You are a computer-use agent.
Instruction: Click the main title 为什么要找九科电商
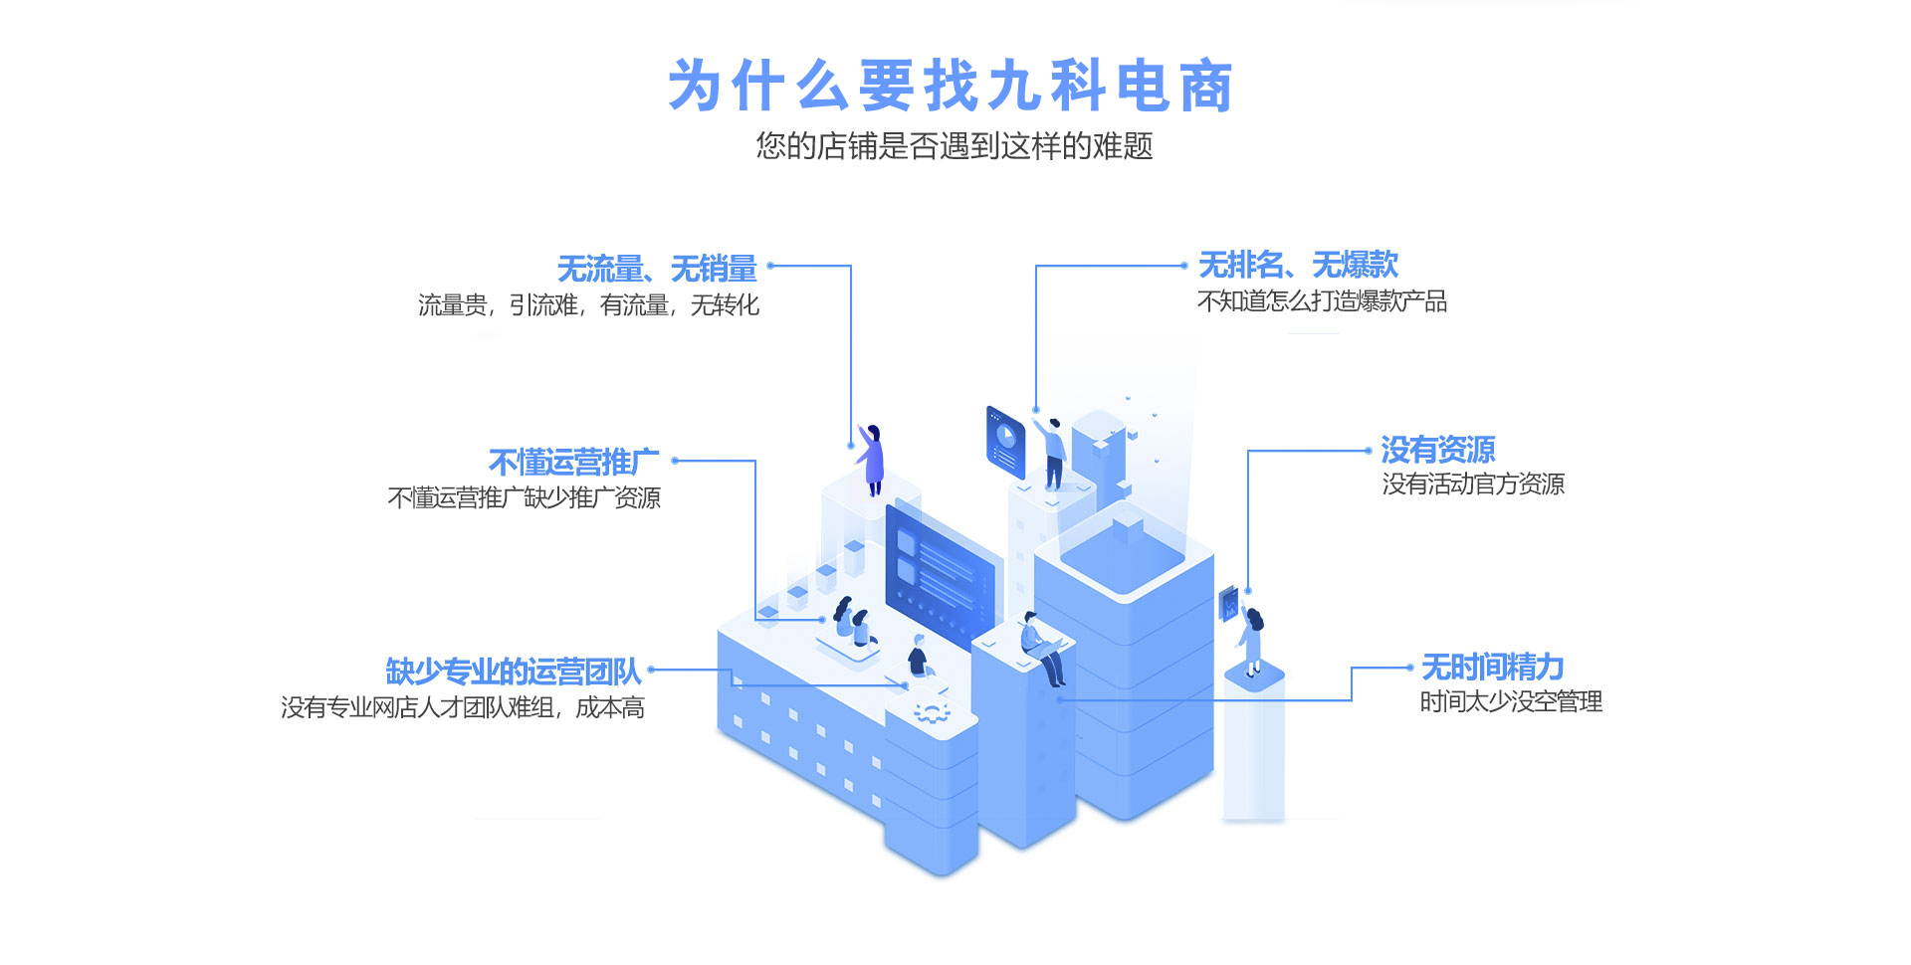(951, 86)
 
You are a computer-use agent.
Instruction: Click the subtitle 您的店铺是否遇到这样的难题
(954, 146)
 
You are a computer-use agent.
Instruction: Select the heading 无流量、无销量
(657, 269)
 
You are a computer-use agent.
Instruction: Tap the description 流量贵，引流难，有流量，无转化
(588, 305)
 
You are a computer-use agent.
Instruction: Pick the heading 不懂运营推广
(573, 463)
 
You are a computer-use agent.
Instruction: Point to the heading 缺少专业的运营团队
(514, 672)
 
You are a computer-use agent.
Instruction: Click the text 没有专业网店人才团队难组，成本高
(463, 708)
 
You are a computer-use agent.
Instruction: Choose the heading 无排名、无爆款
(1298, 265)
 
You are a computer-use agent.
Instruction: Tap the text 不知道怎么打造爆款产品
(1322, 301)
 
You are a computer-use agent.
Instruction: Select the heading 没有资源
(1437, 450)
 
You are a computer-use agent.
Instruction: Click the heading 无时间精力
(1492, 667)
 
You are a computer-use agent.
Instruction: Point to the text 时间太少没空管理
(1510, 702)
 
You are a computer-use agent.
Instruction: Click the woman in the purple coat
(872, 459)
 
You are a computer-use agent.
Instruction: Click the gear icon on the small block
(932, 712)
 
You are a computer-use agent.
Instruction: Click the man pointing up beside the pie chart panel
(1053, 453)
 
